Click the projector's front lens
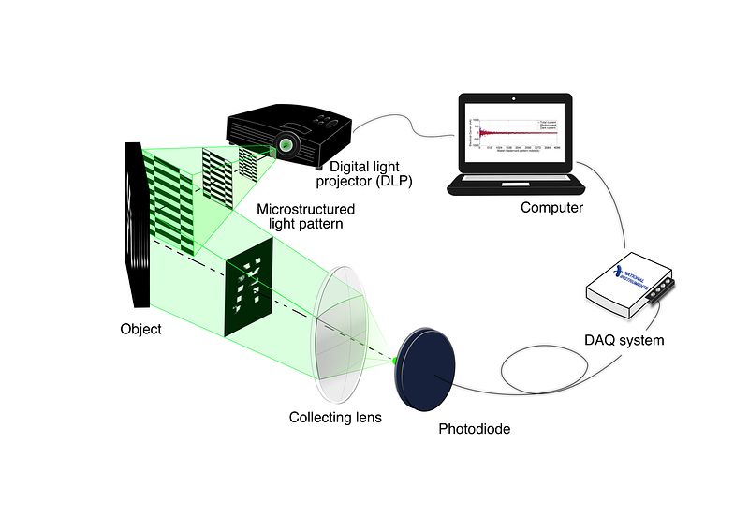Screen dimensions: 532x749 [x=286, y=146]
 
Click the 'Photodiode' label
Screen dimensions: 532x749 [x=475, y=430]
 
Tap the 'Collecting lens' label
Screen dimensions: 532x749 [x=335, y=417]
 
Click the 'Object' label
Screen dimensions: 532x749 [x=140, y=330]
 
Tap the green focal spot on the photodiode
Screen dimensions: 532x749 [x=397, y=359]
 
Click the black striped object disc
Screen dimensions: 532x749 [x=136, y=225]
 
